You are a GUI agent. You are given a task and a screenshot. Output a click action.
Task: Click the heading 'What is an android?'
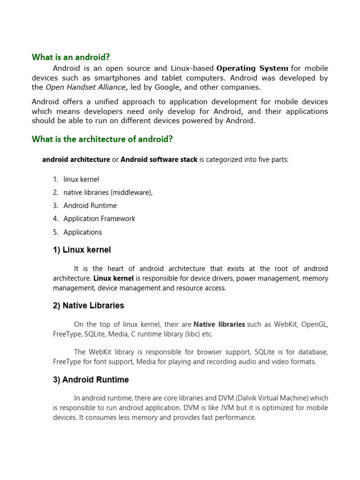(71, 57)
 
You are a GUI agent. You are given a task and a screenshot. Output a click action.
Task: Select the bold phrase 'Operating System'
(252, 68)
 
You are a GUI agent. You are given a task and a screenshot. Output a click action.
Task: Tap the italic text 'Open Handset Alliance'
(85, 87)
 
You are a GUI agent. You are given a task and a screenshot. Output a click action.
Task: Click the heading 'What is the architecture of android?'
(102, 139)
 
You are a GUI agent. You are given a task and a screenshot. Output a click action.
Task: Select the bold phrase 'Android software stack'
(159, 160)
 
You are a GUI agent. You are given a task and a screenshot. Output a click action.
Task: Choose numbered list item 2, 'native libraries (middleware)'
(108, 192)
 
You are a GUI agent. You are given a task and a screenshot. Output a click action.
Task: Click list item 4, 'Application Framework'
(99, 218)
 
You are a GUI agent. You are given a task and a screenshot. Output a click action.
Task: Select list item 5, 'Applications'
(82, 232)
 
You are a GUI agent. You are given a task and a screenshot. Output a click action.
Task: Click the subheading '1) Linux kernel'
(82, 250)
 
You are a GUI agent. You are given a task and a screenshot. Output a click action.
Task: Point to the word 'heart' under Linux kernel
(116, 269)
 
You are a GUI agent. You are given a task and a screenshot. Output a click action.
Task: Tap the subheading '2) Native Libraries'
(89, 306)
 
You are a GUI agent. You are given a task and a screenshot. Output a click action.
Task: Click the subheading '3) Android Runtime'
(91, 380)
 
